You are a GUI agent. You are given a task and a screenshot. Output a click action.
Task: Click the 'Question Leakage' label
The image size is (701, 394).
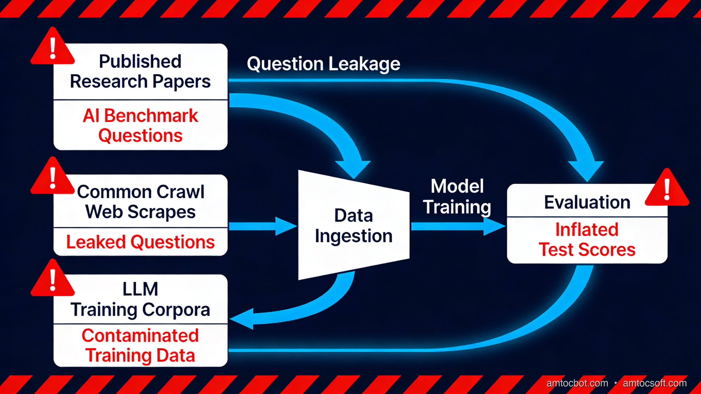pos(323,64)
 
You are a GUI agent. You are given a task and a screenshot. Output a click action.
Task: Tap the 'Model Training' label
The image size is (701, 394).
pos(457,196)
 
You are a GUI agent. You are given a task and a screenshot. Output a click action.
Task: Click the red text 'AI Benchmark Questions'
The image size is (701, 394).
pos(140,125)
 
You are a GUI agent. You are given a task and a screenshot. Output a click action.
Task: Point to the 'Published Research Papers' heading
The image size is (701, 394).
pos(140,71)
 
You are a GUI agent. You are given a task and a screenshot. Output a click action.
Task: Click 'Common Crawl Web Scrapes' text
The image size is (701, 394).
pos(140,202)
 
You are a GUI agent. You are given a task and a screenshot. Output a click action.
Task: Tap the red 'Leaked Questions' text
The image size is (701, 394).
pos(140,242)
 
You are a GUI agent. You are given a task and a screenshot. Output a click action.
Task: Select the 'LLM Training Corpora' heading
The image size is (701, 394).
pos(140,299)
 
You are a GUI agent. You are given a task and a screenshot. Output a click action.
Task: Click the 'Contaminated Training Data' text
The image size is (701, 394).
pos(140,345)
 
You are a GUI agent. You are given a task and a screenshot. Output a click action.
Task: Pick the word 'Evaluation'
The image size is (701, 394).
pos(587,202)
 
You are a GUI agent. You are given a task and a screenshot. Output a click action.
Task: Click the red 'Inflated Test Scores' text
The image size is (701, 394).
pos(587,240)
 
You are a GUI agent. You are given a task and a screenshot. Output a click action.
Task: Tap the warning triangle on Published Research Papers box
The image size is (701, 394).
pos(53,48)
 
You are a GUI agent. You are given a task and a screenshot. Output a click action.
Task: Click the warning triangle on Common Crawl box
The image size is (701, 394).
pos(53,178)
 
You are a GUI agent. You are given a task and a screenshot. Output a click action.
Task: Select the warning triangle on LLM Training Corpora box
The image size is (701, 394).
pos(53,280)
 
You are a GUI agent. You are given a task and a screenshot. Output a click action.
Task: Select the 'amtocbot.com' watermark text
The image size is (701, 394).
pos(577,383)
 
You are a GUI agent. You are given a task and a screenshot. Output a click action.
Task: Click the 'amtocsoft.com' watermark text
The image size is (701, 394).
pos(655,383)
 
